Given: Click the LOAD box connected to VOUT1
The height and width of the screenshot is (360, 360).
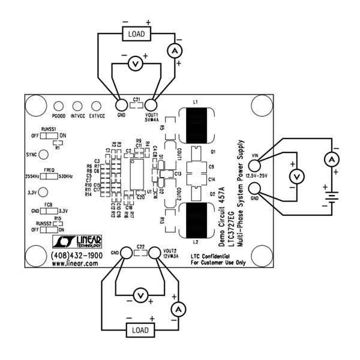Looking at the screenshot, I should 136,34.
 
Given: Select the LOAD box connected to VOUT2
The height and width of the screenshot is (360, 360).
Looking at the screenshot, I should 140,331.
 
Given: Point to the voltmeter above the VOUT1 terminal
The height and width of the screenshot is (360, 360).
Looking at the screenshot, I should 136,62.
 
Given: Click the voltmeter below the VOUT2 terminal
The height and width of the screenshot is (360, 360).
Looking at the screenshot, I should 140,295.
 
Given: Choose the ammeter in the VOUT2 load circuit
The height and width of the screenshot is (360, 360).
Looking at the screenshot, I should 177,308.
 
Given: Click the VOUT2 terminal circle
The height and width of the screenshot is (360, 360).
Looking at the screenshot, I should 155,253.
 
